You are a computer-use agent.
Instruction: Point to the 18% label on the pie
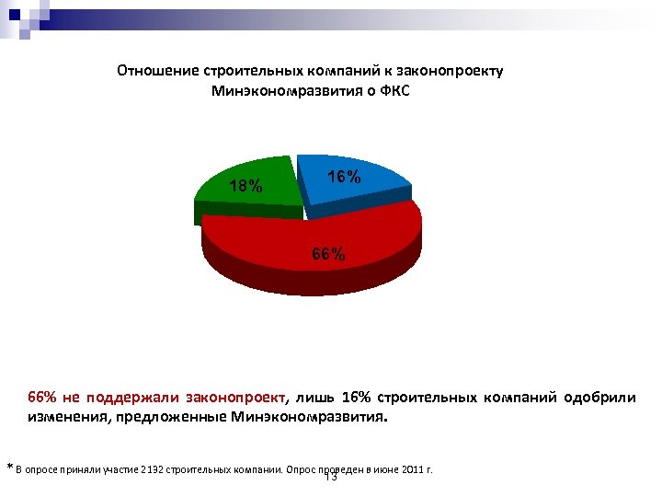coord(245,186)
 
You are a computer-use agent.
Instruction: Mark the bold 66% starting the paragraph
coord(43,398)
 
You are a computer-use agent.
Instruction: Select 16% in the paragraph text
coord(357,398)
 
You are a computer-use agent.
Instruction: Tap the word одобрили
coord(599,398)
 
